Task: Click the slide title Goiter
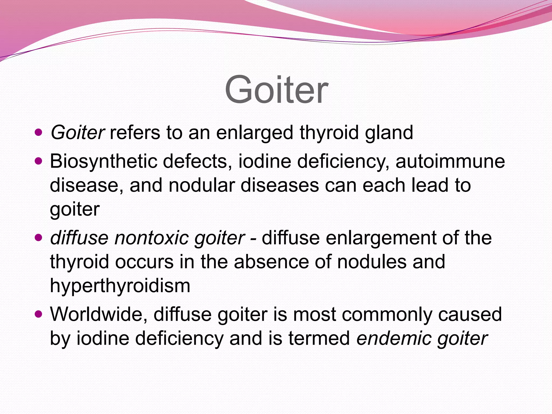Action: click(x=277, y=89)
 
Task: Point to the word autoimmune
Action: click(x=450, y=161)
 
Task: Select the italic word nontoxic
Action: click(x=152, y=238)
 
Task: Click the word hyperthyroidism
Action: click(x=120, y=286)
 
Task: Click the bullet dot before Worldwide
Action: click(x=39, y=314)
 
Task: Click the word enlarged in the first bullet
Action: click(x=254, y=133)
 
